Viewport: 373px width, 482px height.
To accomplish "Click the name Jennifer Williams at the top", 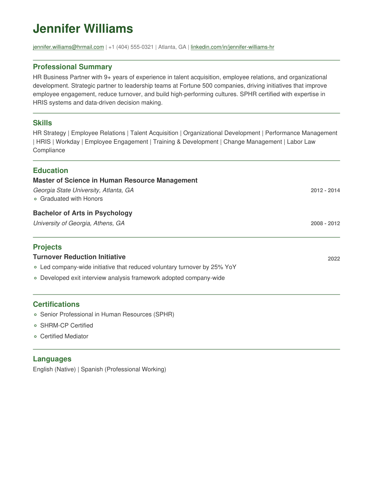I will point(83,29).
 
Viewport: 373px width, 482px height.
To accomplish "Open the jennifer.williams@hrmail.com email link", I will point(68,47).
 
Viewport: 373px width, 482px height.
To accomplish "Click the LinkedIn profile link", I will point(232,47).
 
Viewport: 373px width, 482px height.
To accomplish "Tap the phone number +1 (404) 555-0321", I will point(131,47).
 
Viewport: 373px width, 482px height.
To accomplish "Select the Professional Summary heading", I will point(72,67).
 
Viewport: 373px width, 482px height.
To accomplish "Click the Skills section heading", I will point(42,123).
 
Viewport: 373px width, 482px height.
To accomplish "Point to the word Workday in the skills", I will point(68,142).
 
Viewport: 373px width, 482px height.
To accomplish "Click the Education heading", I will point(50,171).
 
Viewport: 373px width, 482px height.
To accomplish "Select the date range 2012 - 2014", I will point(325,190).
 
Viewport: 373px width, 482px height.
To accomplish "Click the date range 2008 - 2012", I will point(325,223).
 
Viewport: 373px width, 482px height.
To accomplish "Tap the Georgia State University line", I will point(83,190).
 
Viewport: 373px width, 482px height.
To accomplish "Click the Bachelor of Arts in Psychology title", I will point(82,213).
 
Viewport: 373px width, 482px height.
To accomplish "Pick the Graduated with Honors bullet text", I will point(71,199).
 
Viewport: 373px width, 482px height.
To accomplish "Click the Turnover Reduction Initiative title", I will point(79,257).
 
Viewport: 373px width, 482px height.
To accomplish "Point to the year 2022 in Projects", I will point(334,259).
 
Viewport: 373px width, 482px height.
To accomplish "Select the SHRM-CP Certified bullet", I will point(66,325).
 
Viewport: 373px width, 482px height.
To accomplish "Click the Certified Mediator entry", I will point(64,336).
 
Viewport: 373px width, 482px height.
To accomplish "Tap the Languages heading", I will point(52,359).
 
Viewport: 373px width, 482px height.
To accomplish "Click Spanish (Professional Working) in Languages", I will point(123,369).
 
